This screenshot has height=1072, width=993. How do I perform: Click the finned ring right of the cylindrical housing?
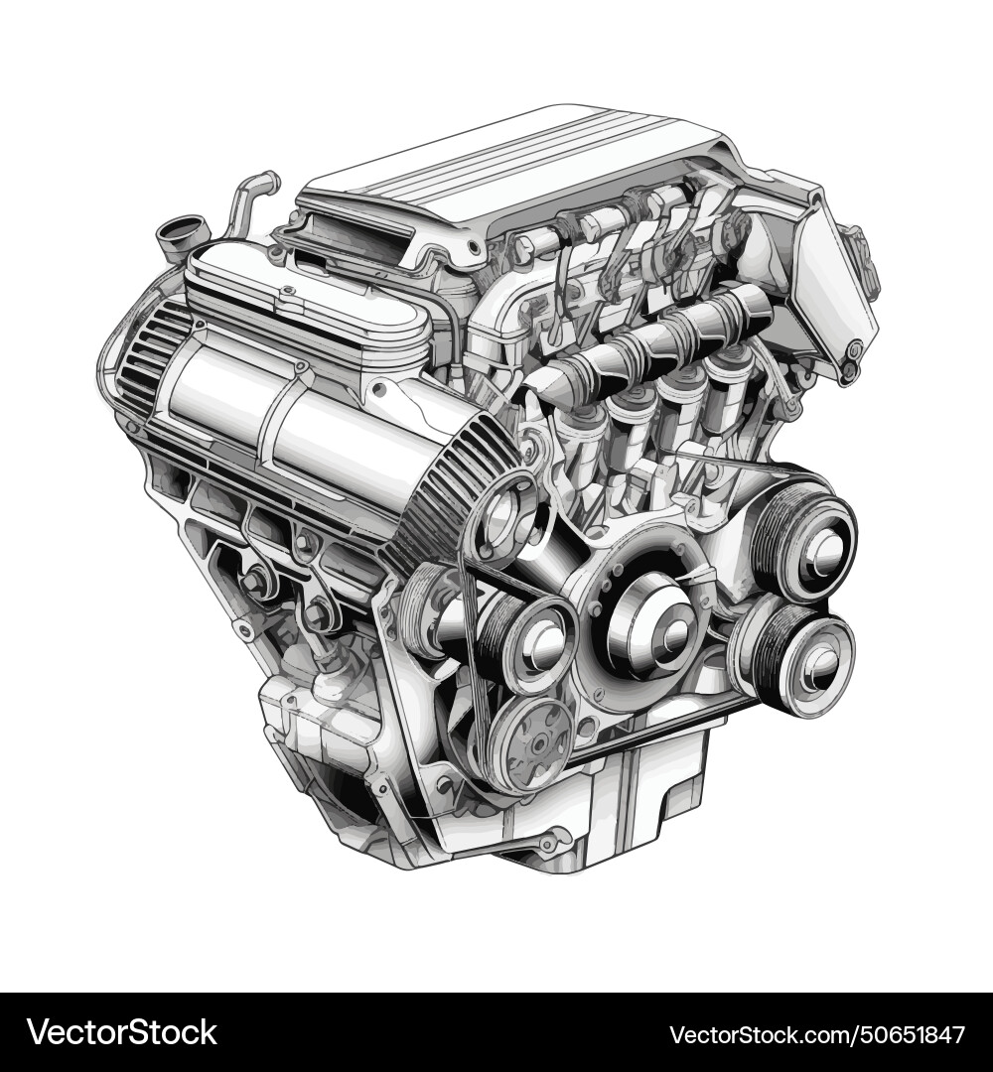point(467,486)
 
